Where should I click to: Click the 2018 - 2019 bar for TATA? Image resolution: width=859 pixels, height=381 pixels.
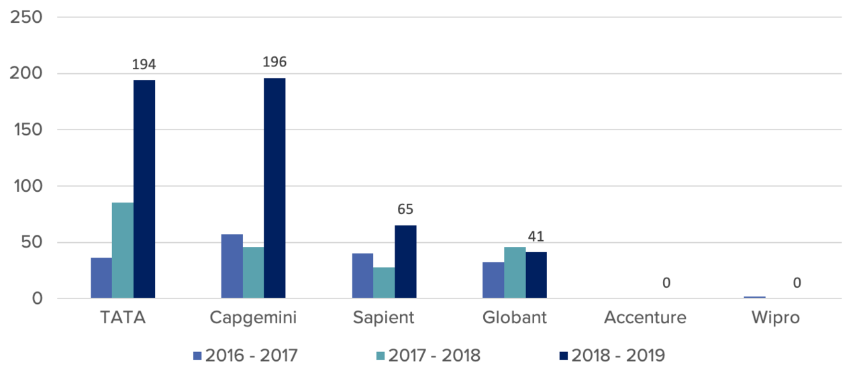(144, 189)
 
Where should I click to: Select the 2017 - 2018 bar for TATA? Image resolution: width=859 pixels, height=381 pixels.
(123, 250)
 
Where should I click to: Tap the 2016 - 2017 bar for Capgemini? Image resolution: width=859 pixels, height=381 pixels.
(232, 266)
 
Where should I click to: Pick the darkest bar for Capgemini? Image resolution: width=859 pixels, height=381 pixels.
(274, 188)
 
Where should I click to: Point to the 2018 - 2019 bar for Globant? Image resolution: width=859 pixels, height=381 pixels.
(536, 275)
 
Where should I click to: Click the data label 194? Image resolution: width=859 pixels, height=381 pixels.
(144, 64)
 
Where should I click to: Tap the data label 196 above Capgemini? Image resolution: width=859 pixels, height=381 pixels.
(274, 62)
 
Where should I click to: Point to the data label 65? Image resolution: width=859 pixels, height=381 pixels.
(405, 209)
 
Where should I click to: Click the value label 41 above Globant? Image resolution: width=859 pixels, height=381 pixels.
(536, 236)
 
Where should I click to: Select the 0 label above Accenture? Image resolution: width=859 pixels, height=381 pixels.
(666, 283)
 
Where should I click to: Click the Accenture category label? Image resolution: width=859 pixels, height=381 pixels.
(645, 317)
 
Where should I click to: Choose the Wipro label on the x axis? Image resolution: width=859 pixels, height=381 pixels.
(776, 317)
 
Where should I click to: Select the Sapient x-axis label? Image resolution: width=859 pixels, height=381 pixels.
(384, 317)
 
